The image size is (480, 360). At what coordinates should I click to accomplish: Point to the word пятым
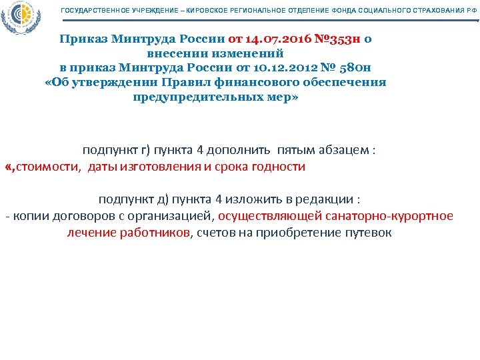pyautogui.click(x=300, y=151)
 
